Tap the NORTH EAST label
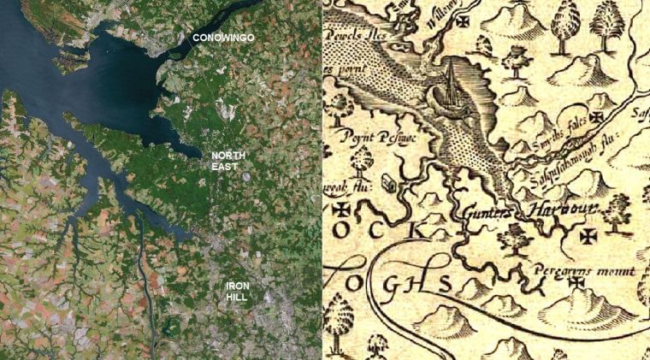(x=229, y=161)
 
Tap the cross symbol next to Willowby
(x=464, y=21)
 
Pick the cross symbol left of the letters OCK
(x=342, y=209)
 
